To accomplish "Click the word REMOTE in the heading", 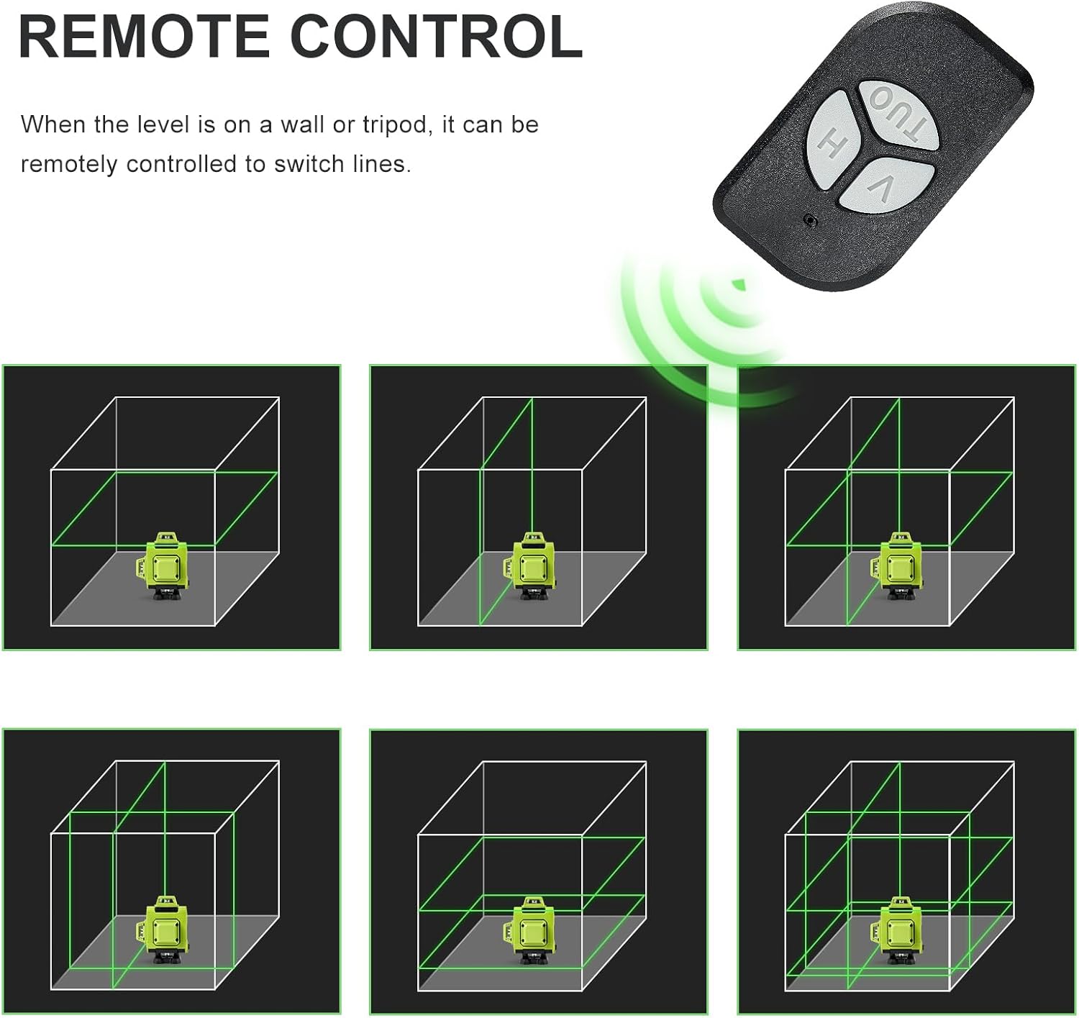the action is point(144,37).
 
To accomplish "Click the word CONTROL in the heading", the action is point(436,37).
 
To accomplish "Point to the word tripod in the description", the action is point(397,126).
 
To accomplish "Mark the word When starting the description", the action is point(53,124).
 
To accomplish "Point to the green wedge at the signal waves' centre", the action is point(738,284).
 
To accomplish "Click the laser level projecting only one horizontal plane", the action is point(163,566).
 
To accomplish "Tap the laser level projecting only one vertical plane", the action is point(530,566).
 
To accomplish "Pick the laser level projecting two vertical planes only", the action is point(163,930).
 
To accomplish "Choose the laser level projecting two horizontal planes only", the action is point(530,930).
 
